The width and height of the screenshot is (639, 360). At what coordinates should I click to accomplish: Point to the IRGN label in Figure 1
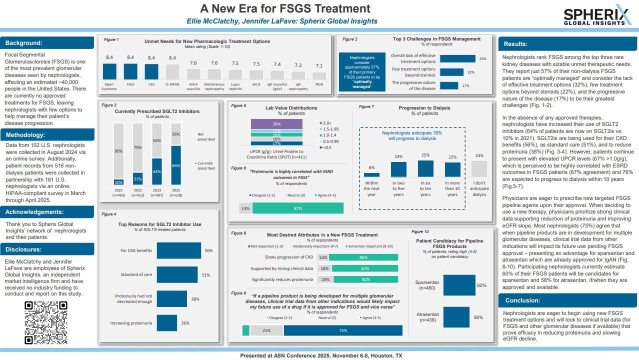[x=319, y=84]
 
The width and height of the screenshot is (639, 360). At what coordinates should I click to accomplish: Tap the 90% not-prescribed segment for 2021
[x=118, y=150]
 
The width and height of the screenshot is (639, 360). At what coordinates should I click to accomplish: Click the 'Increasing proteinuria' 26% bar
[x=167, y=323]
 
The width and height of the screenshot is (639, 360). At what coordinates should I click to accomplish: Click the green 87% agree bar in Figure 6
[x=298, y=208]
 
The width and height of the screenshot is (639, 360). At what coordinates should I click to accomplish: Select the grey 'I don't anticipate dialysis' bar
[x=479, y=168]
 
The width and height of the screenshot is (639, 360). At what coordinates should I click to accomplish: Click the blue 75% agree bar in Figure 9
[x=343, y=330]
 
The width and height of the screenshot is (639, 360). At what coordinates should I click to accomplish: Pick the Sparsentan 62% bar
[x=459, y=285]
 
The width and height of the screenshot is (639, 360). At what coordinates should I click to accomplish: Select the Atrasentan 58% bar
[x=456, y=317]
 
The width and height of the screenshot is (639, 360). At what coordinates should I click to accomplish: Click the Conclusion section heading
[x=522, y=300]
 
